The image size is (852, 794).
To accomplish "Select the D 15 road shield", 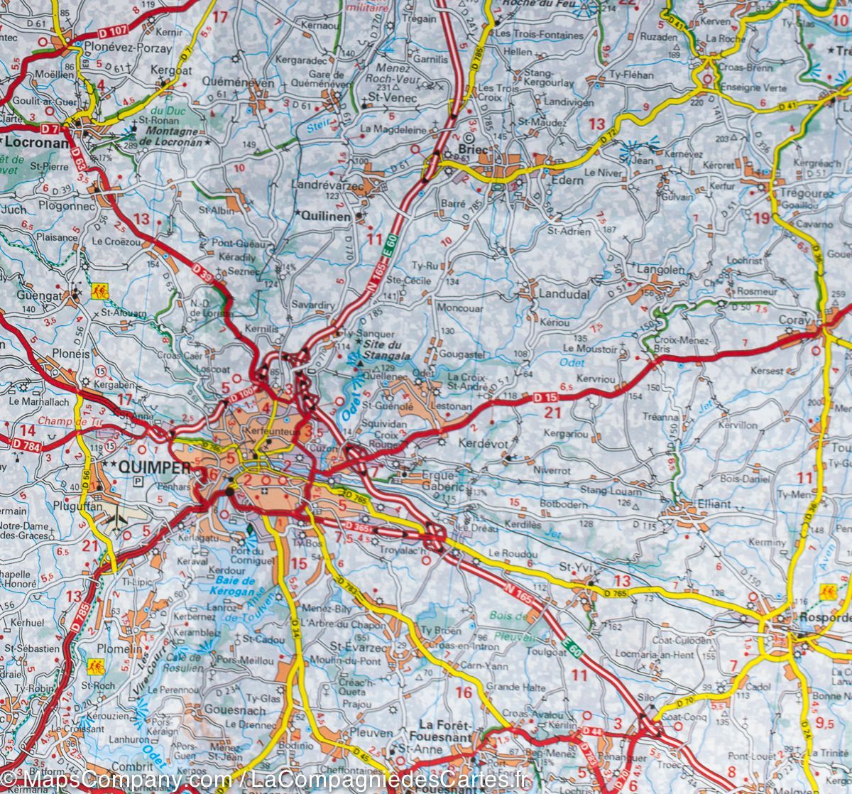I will click(x=545, y=398).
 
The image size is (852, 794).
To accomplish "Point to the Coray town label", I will click(x=794, y=320).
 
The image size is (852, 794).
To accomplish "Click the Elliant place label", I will click(x=714, y=504).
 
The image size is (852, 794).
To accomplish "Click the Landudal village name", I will click(x=564, y=293).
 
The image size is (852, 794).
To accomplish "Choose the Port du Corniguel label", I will click(x=251, y=555).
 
